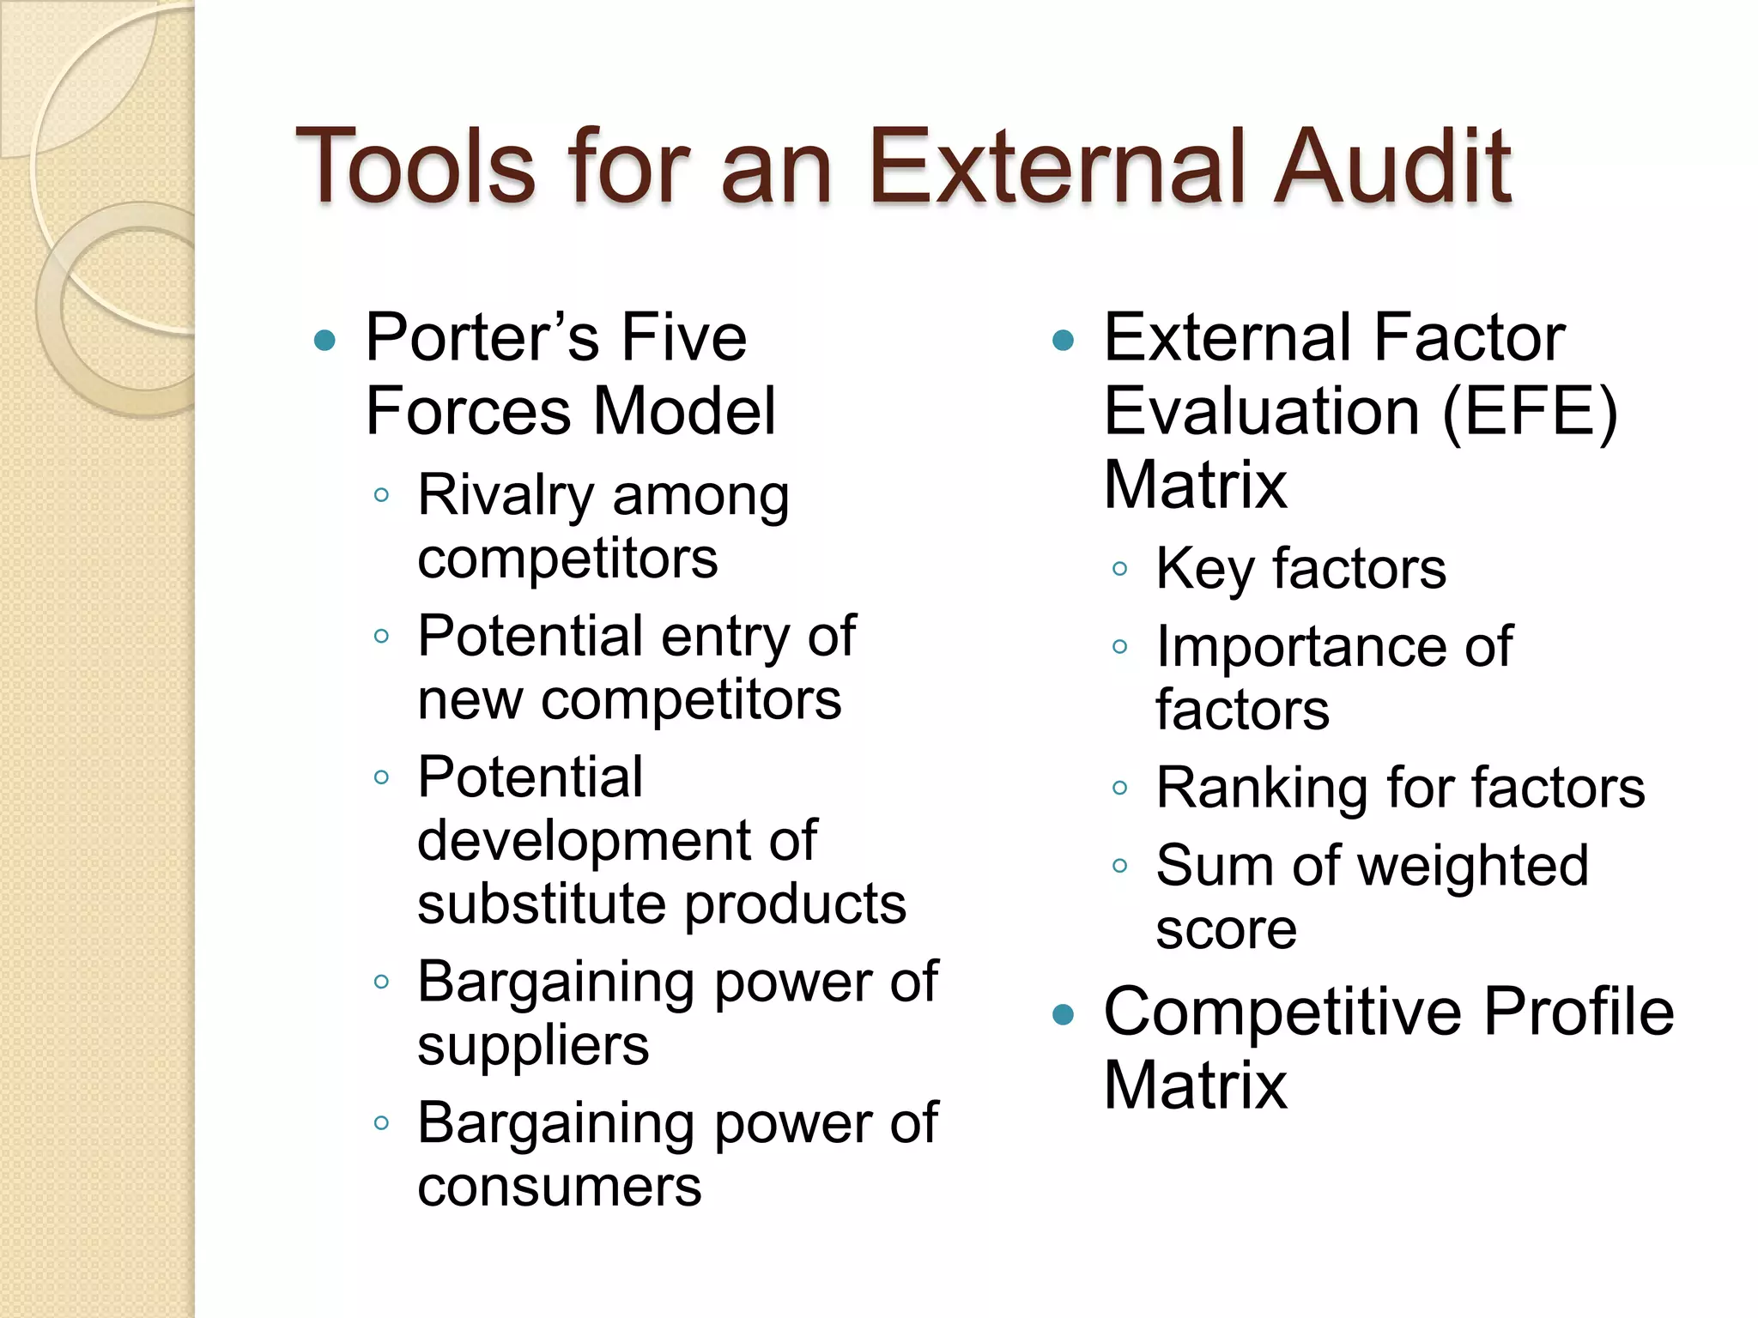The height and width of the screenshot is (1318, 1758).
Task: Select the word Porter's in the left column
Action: pos(482,337)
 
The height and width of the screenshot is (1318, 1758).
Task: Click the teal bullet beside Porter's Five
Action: pos(324,342)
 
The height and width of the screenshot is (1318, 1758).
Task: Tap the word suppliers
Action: pos(533,1048)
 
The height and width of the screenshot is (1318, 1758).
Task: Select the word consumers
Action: pos(559,1188)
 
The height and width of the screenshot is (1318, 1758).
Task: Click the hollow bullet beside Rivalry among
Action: pos(382,495)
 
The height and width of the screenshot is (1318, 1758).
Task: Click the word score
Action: pos(1226,930)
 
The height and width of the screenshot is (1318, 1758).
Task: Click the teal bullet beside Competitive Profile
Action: pos(1063,1016)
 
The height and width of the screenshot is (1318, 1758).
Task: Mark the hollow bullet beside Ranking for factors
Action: pos(1119,788)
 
